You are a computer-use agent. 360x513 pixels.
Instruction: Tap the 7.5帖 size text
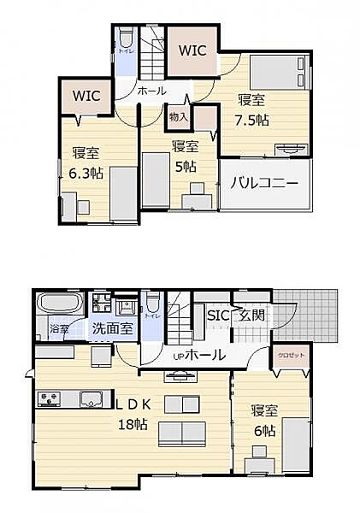254,120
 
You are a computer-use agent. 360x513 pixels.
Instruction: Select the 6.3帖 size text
86,173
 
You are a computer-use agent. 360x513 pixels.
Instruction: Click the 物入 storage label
178,116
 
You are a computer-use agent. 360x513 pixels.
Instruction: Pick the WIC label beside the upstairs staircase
192,50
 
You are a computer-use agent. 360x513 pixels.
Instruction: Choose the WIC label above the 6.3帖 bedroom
86,95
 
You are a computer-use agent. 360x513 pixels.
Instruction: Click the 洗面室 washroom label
111,327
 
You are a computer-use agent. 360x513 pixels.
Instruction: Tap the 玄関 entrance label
251,315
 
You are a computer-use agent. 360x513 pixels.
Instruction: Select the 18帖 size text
133,424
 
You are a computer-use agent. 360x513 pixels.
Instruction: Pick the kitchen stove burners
48,397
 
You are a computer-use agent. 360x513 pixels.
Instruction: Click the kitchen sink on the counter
91,397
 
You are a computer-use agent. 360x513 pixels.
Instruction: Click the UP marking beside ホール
179,356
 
